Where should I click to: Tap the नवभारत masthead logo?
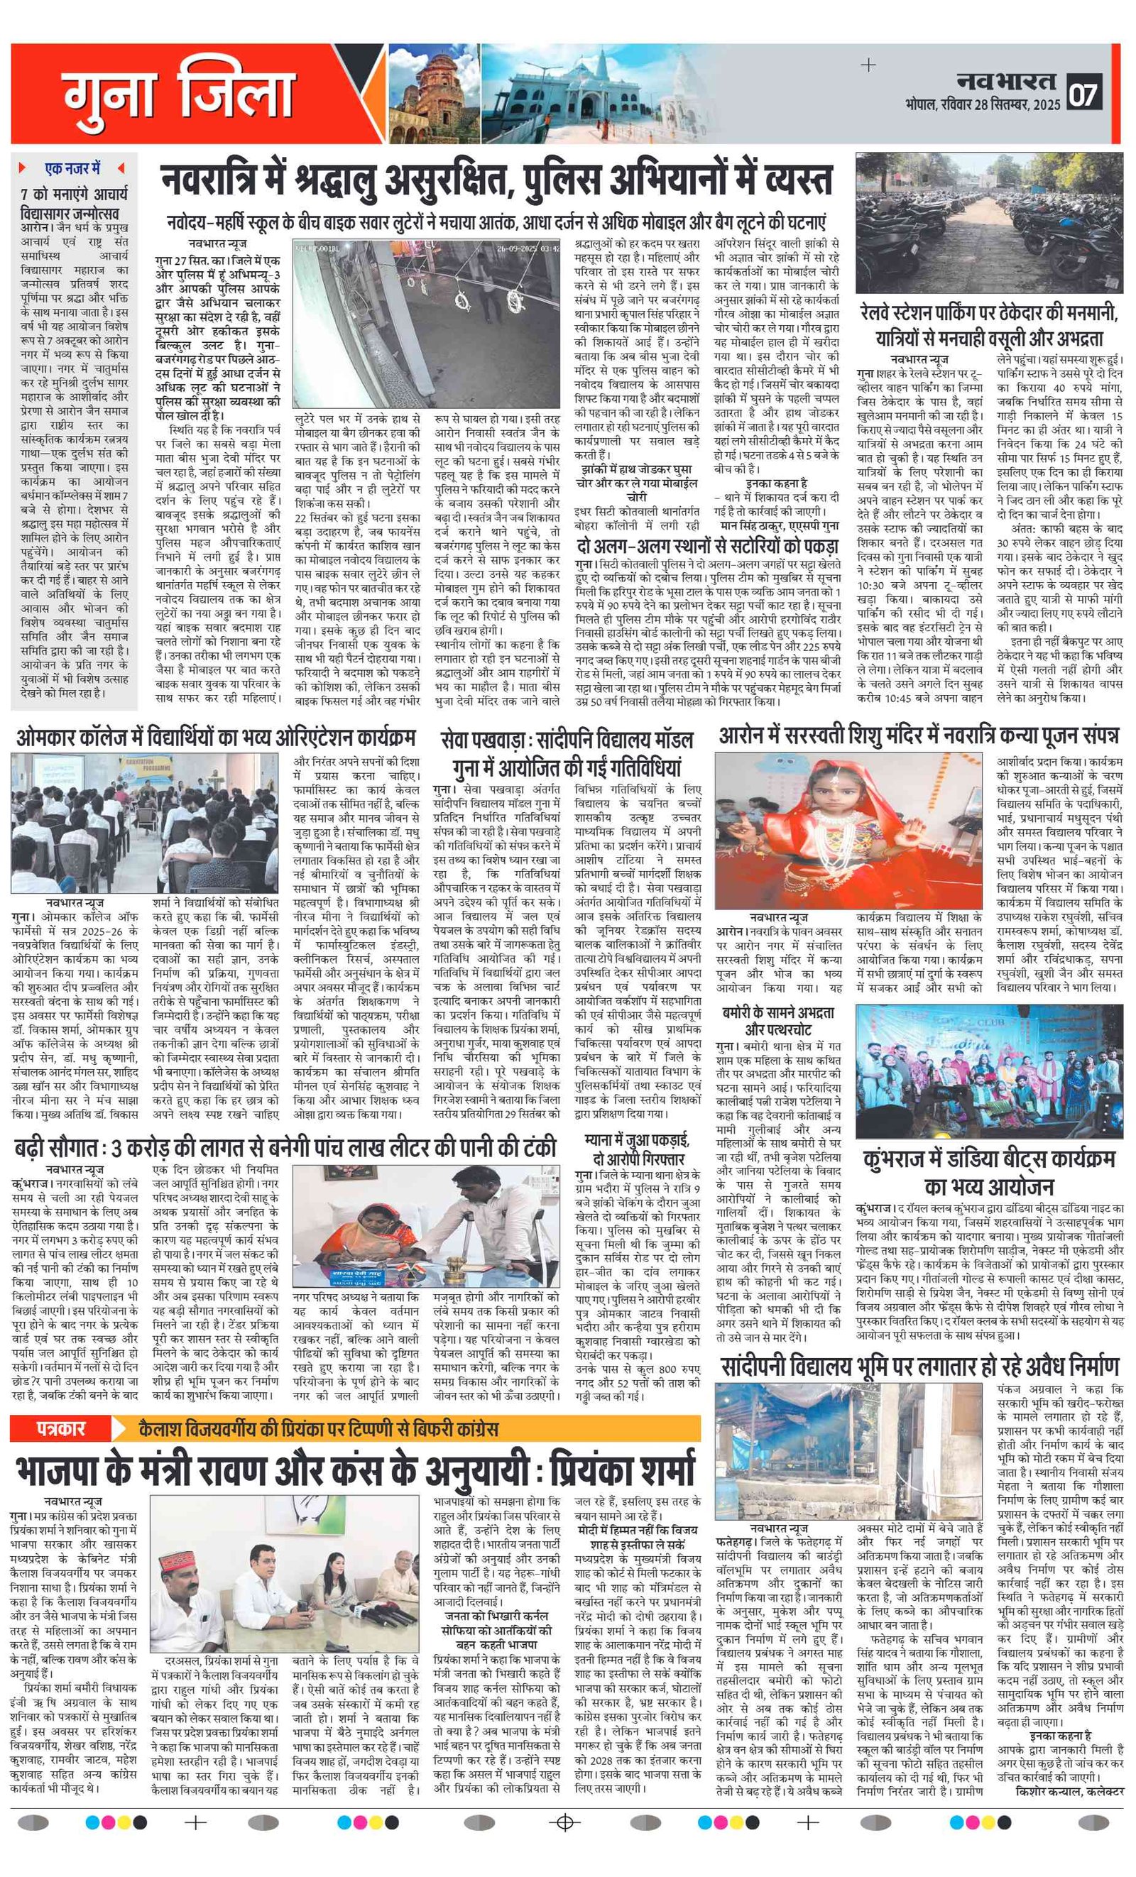(x=1007, y=81)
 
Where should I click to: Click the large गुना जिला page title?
(x=180, y=94)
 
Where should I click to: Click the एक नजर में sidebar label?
(x=73, y=168)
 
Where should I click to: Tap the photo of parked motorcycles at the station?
(x=988, y=222)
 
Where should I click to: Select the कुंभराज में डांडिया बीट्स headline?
(x=988, y=1173)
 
